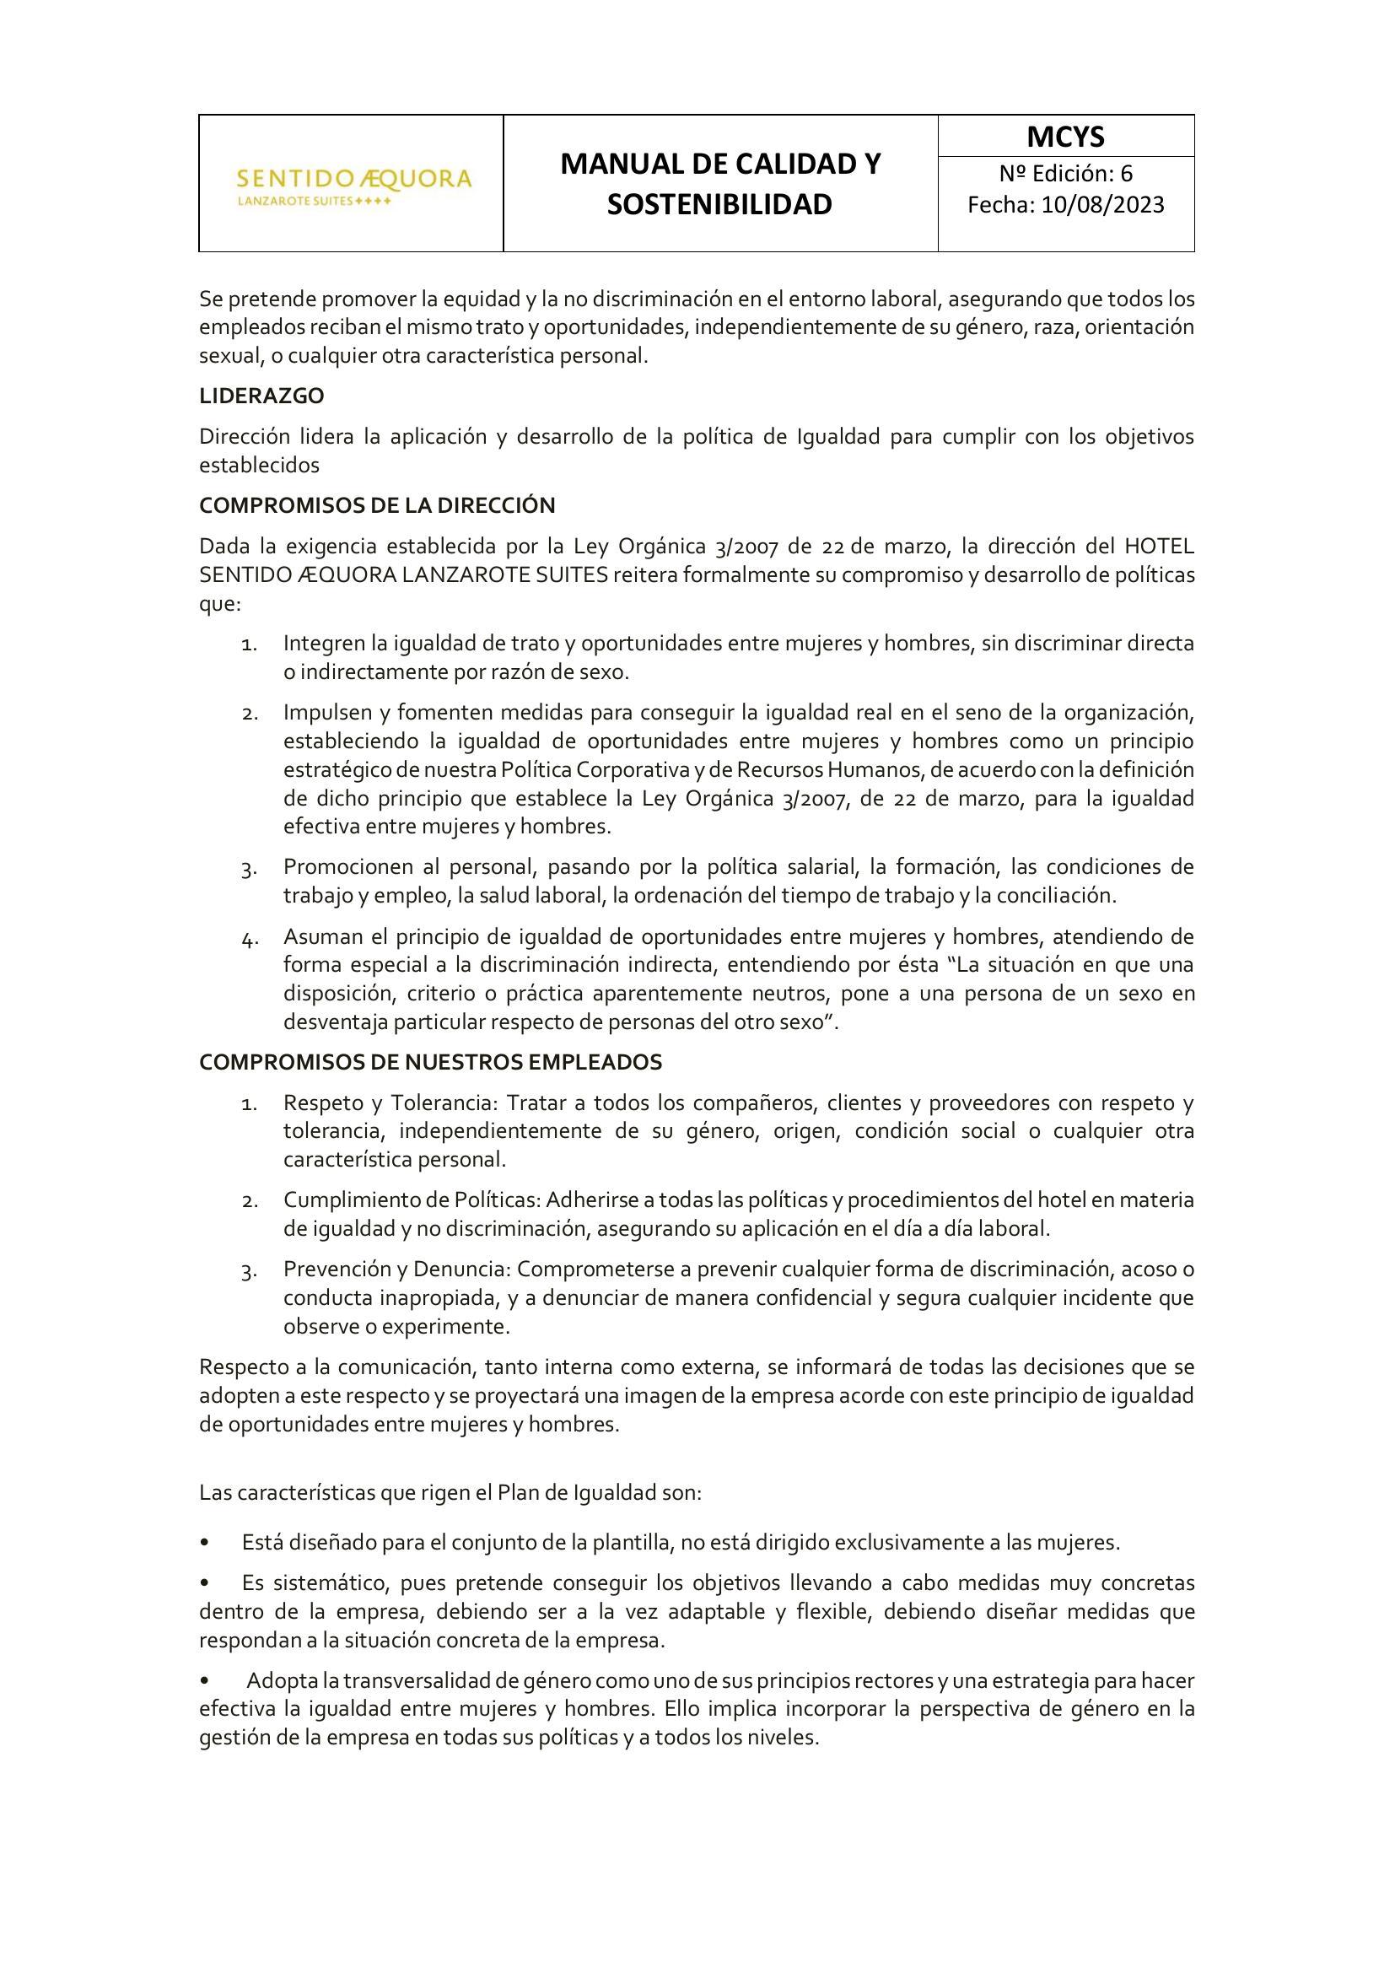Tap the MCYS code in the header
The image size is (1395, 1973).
tap(1065, 137)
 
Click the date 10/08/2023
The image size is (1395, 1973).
tap(1103, 204)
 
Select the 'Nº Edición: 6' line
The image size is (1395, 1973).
tap(1065, 174)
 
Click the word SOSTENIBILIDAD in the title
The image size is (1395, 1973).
tap(719, 204)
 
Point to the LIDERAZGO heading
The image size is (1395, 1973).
tap(262, 396)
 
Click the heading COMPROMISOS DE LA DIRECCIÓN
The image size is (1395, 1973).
tap(377, 505)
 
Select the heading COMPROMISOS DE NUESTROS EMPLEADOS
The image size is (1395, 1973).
tap(430, 1062)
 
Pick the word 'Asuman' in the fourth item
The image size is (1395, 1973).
tap(317, 935)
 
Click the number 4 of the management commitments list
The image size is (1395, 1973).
tap(249, 938)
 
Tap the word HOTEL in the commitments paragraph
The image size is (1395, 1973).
tap(1159, 547)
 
